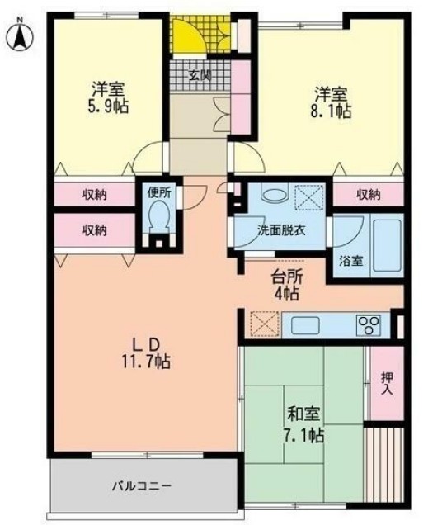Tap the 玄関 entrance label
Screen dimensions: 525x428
pyautogui.click(x=198, y=77)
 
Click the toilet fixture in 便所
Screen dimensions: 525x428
pyautogui.click(x=159, y=220)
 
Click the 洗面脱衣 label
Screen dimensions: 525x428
pyautogui.click(x=281, y=230)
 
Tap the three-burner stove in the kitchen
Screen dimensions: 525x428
pyautogui.click(x=367, y=323)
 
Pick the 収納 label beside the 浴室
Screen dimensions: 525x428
pyautogui.click(x=369, y=195)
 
